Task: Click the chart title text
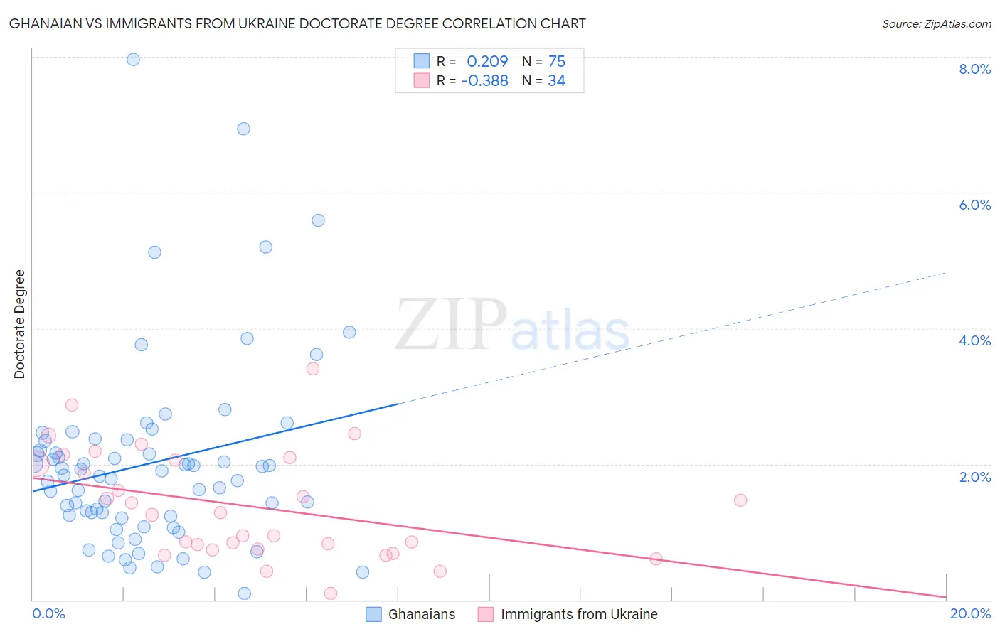(297, 23)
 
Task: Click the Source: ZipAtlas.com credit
(936, 24)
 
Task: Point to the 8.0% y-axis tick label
(974, 69)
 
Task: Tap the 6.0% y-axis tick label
(974, 205)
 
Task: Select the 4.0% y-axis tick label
(974, 340)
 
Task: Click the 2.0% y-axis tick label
(974, 477)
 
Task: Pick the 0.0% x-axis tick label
(48, 613)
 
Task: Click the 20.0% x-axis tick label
(970, 613)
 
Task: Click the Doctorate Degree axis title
(20, 324)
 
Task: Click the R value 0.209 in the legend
(487, 62)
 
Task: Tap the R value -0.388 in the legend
(484, 81)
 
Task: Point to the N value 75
(556, 62)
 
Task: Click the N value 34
(556, 81)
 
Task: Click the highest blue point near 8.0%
(133, 60)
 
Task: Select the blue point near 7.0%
(243, 129)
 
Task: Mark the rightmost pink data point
(740, 500)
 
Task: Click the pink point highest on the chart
(312, 368)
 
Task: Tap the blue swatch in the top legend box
(422, 61)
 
